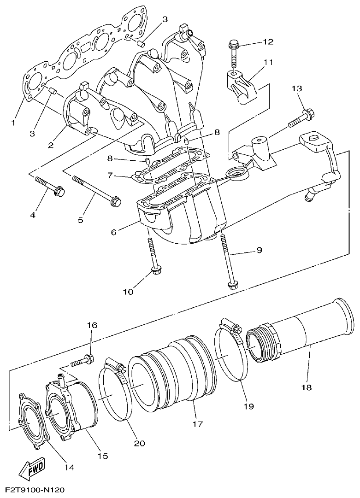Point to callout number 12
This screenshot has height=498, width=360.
coord(268,42)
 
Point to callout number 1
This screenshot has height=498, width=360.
coord(13,123)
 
